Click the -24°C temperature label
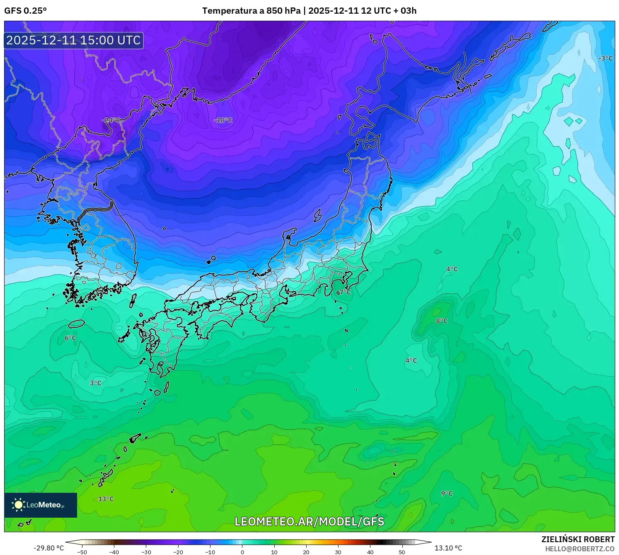pos(111,120)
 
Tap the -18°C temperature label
pos(223,120)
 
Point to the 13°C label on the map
pos(106,499)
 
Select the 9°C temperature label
pos(447,493)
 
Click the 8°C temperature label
pos(442,321)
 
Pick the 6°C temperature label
pos(70,338)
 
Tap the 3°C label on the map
pos(96,383)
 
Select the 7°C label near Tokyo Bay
pos(343,292)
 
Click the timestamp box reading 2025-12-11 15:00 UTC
pos(74,40)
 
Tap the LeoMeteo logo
pos(41,505)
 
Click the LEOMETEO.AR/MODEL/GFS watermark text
pos(309,521)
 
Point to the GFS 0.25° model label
pos(26,11)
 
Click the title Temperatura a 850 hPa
pos(251,11)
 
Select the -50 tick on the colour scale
pos(82,552)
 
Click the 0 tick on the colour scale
pos(242,552)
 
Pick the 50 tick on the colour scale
pos(402,552)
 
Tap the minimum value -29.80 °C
pos(49,548)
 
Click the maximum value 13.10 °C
pos(448,548)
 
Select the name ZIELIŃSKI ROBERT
pos(578,539)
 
